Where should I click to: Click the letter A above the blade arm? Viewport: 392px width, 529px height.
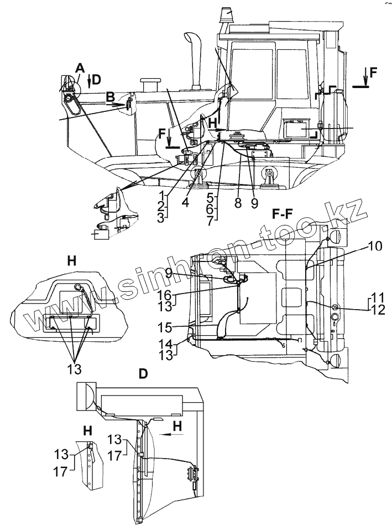pyautogui.click(x=80, y=68)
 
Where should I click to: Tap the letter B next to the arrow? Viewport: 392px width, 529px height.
pyautogui.click(x=111, y=96)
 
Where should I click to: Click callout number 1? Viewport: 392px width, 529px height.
pyautogui.click(x=160, y=196)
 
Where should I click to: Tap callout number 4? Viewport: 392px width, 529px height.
pyautogui.click(x=185, y=203)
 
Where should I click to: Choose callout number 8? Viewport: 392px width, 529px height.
pyautogui.click(x=238, y=203)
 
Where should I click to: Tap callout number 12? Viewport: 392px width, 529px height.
pyautogui.click(x=377, y=310)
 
